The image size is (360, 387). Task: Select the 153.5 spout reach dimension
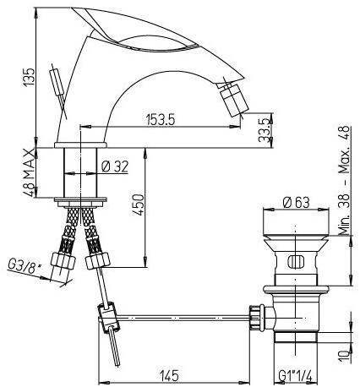(x=159, y=120)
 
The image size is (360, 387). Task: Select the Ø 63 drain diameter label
(x=295, y=201)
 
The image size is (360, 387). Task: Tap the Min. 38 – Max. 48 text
(x=342, y=179)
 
